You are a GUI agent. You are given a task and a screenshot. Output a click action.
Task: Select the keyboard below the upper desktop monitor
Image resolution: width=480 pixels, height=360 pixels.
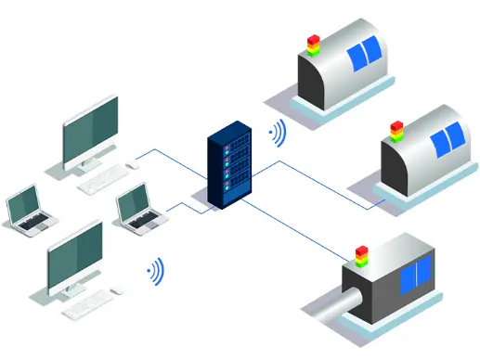pyautogui.click(x=102, y=181)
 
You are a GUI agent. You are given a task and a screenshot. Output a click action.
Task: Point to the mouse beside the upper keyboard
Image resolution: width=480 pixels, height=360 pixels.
pyautogui.click(x=131, y=165)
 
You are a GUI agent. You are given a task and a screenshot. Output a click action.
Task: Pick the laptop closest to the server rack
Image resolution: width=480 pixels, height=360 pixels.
pyautogui.click(x=136, y=206)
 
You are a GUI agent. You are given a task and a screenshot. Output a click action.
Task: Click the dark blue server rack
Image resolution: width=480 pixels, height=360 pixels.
pyautogui.click(x=228, y=169)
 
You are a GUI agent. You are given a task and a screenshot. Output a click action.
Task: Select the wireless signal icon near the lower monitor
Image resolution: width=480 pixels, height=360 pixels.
pyautogui.click(x=156, y=271)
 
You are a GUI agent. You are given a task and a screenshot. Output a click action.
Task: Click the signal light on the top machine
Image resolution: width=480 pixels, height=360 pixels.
pyautogui.click(x=313, y=45)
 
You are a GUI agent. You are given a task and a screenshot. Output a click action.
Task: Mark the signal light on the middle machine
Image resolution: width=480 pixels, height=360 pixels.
pyautogui.click(x=397, y=130)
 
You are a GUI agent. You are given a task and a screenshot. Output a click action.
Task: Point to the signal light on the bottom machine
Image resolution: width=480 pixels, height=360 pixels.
pyautogui.click(x=361, y=252)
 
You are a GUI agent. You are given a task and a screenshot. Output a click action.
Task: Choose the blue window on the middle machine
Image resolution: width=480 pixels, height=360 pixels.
pyautogui.click(x=450, y=137)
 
